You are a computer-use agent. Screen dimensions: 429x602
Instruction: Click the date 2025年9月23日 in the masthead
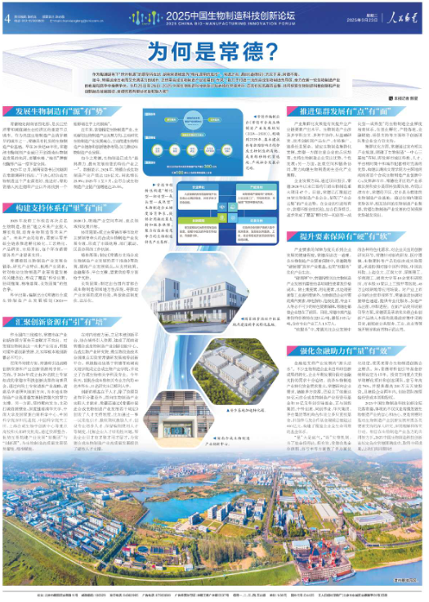pyautogui.click(x=356, y=19)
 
